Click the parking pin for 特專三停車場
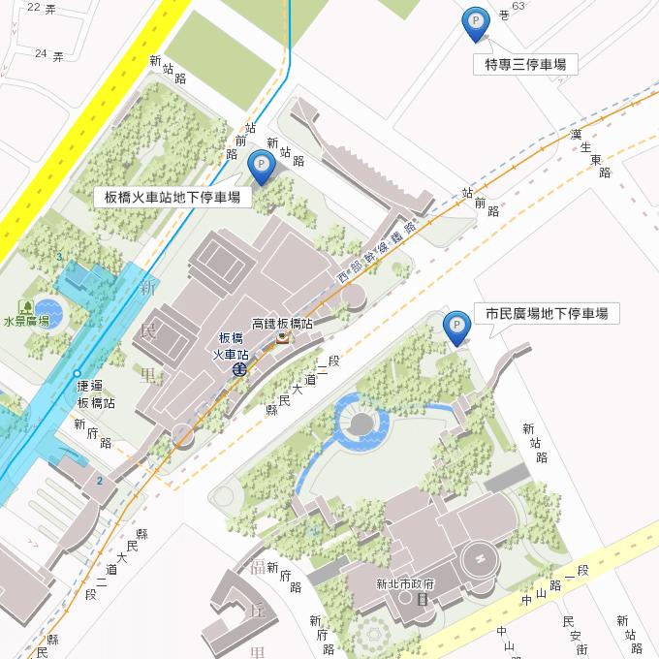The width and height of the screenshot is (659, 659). [x=475, y=22]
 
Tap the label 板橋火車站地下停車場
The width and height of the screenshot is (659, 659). [x=173, y=197]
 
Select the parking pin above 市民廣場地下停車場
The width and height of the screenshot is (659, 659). [x=455, y=326]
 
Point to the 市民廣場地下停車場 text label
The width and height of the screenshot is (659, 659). [x=546, y=313]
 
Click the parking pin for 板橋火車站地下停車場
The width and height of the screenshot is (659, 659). [x=261, y=165]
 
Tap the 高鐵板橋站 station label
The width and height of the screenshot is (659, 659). [x=281, y=323]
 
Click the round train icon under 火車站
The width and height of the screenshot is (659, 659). [x=238, y=369]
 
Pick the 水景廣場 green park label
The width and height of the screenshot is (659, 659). [x=25, y=322]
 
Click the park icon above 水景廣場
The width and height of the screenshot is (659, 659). [x=24, y=306]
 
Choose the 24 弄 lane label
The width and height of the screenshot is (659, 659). [x=48, y=53]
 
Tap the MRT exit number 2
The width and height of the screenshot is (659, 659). [x=99, y=481]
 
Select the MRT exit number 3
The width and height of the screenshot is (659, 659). [x=59, y=256]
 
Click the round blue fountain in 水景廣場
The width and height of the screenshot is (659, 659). [x=47, y=311]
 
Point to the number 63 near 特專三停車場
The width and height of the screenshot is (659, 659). [x=518, y=6]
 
